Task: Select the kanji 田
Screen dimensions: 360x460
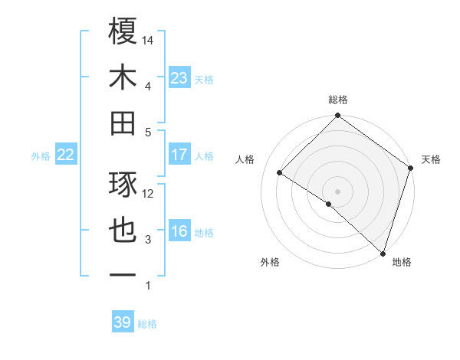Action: [123, 123]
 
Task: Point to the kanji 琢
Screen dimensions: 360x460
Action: [123, 185]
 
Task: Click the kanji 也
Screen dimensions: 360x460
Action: [123, 231]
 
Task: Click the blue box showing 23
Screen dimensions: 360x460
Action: [179, 78]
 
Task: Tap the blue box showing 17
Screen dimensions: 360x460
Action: [179, 155]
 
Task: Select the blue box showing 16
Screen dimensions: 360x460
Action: [179, 232]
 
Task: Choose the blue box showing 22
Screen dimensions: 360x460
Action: [66, 155]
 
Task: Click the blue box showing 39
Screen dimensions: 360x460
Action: [123, 322]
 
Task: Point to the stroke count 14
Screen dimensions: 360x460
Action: [148, 41]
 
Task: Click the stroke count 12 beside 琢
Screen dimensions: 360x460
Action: [148, 194]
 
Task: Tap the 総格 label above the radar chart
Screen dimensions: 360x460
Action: [338, 100]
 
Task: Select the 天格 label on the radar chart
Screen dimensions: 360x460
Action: [431, 159]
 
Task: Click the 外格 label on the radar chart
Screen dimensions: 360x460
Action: [270, 262]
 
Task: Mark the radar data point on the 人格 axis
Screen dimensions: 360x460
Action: [280, 173]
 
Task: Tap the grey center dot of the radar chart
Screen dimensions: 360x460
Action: [337, 191]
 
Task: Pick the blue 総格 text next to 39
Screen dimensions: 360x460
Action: [148, 324]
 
